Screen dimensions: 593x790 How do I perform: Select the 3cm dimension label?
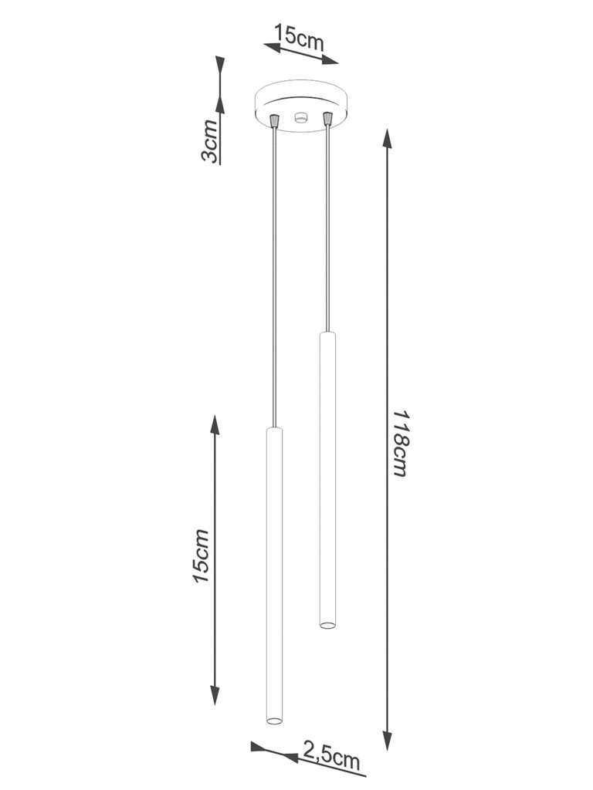point(210,142)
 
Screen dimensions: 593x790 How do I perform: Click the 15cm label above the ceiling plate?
point(299,37)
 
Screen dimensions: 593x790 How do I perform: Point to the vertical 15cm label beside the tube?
point(201,556)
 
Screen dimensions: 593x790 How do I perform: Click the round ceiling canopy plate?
point(300,105)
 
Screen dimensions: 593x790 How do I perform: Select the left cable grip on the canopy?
point(274,121)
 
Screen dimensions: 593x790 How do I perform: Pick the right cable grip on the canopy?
point(327,119)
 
